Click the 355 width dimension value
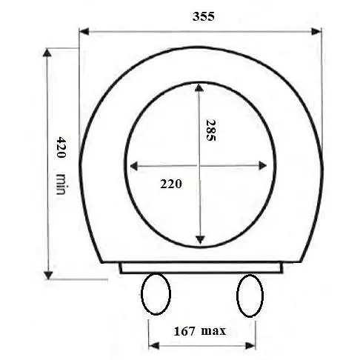(x=203, y=16)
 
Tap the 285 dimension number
(x=210, y=130)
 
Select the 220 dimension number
(x=171, y=184)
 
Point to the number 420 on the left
(x=61, y=147)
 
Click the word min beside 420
(x=61, y=184)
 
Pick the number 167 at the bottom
(x=184, y=331)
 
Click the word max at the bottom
(x=213, y=331)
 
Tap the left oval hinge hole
(x=156, y=294)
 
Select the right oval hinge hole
(x=250, y=296)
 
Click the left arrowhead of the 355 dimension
(x=84, y=32)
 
